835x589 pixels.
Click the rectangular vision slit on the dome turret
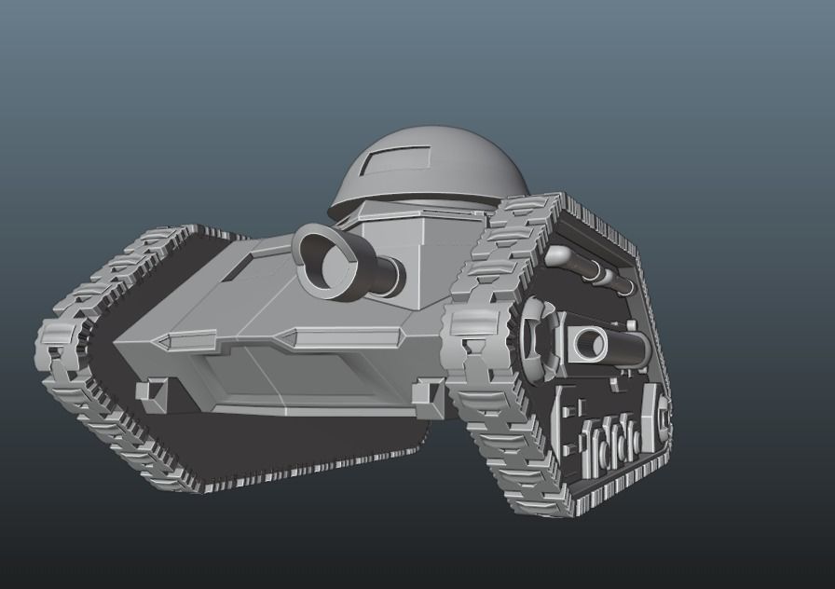(394, 164)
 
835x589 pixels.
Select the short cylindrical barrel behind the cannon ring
(383, 273)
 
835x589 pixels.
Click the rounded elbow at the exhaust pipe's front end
(556, 254)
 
